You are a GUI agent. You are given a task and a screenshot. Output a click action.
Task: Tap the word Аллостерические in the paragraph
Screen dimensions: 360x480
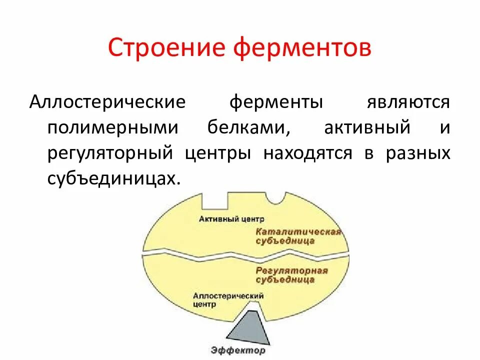coord(107,102)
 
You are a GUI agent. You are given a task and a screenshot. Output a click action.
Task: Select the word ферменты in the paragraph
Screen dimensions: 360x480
coord(276,102)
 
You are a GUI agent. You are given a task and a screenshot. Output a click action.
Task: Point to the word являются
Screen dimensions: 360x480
coord(408,102)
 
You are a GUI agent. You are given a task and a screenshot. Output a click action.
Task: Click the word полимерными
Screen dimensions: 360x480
coord(112,127)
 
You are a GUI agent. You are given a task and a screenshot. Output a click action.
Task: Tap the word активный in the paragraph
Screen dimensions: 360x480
coord(367,127)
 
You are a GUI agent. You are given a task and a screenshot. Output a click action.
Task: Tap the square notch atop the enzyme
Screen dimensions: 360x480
coord(215,200)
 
